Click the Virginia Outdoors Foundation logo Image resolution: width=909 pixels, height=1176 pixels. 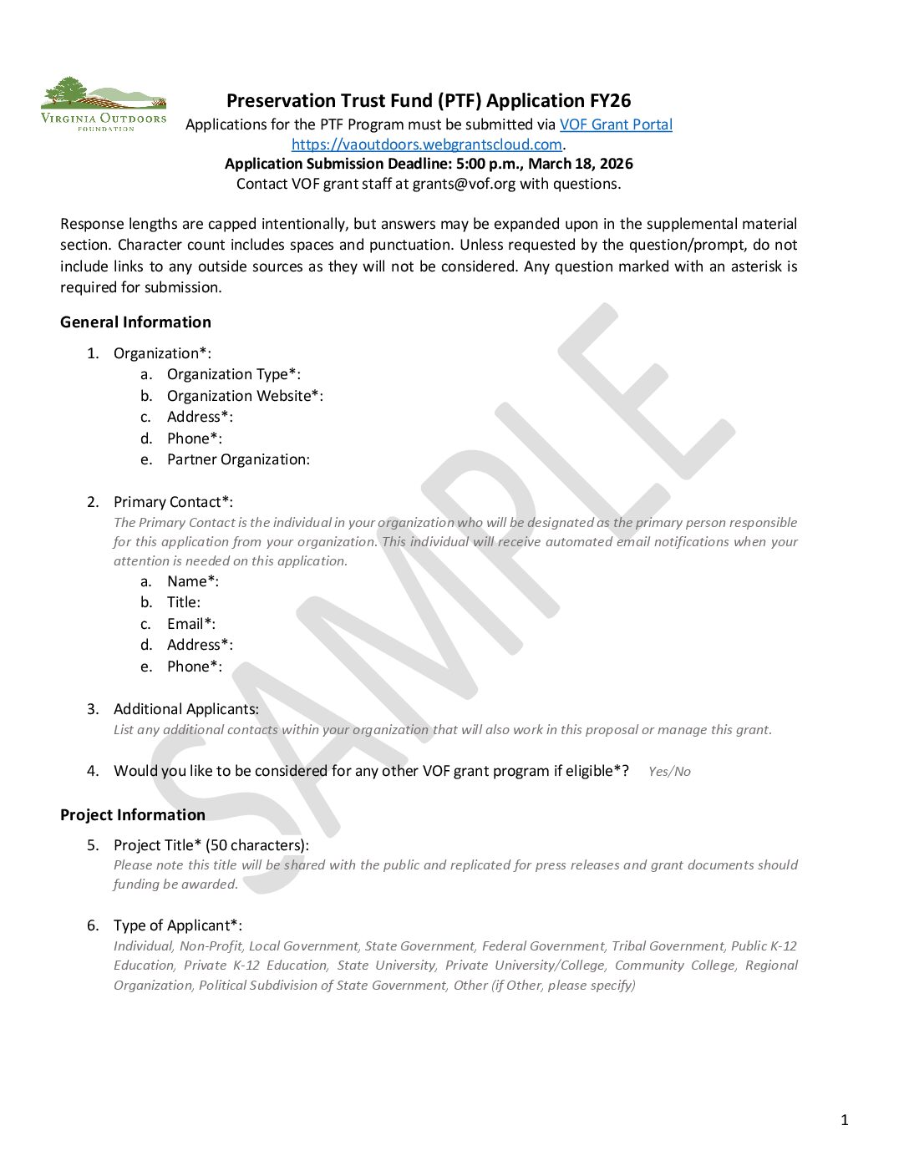pyautogui.click(x=104, y=104)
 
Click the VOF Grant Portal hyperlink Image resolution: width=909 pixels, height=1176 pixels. pyautogui.click(x=616, y=124)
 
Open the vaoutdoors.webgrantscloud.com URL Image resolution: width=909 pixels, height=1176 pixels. pyautogui.click(x=426, y=144)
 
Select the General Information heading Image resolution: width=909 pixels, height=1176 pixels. pyautogui.click(x=135, y=322)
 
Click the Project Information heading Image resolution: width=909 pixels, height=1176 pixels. pyautogui.click(x=133, y=815)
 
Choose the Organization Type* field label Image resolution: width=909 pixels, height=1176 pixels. pyautogui.click(x=233, y=374)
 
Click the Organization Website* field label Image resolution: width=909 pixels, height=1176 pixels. pyautogui.click(x=245, y=396)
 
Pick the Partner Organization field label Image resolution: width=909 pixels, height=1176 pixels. pyautogui.click(x=238, y=459)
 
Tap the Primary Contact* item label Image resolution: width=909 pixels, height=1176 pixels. pyautogui.click(x=173, y=502)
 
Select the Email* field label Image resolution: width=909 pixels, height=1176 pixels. pyautogui.click(x=190, y=624)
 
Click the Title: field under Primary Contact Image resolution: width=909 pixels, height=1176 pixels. pyautogui.click(x=183, y=602)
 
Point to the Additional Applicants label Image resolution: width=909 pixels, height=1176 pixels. pyautogui.click(x=186, y=709)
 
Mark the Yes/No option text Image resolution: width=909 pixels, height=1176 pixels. pyautogui.click(x=669, y=772)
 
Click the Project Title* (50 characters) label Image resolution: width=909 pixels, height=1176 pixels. pyautogui.click(x=211, y=845)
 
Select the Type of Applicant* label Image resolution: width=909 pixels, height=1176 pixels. pyautogui.click(x=178, y=925)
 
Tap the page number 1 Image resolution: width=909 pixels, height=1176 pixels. pyautogui.click(x=844, y=1120)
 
